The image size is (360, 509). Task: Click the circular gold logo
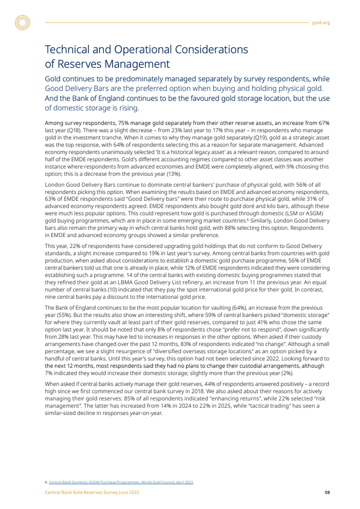pos(23,23)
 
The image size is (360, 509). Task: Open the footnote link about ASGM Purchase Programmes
pos(121,482)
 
